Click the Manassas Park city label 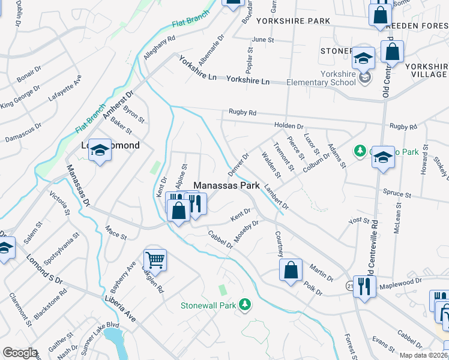[x=226, y=186]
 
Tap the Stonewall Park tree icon [x=244, y=305]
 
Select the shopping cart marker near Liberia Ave [x=155, y=260]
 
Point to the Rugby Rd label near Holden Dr [x=242, y=112]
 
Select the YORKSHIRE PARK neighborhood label [x=293, y=21]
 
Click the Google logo [x=20, y=353]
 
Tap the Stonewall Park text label [x=208, y=305]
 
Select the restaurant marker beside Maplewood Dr [x=364, y=286]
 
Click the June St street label [x=263, y=40]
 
